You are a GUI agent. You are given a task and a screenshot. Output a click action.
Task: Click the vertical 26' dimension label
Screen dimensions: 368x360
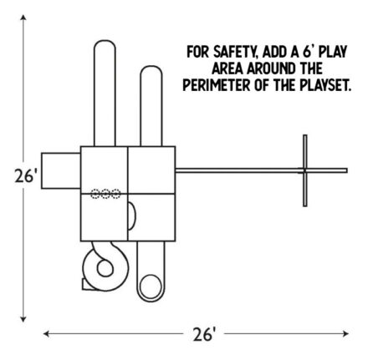point(25,176)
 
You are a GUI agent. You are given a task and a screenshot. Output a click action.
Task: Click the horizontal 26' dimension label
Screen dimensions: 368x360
point(204,334)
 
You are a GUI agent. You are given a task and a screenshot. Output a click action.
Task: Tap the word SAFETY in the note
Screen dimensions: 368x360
point(235,52)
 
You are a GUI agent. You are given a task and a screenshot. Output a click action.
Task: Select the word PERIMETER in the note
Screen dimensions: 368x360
point(217,84)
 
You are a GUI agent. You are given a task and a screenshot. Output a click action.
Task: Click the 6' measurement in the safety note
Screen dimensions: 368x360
point(308,52)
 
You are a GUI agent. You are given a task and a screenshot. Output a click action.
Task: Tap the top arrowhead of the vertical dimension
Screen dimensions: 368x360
point(23,18)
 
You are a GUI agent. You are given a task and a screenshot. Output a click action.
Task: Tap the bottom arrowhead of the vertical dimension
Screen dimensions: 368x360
point(23,319)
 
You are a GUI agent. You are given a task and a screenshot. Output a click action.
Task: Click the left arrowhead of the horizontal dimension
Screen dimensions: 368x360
point(46,333)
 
